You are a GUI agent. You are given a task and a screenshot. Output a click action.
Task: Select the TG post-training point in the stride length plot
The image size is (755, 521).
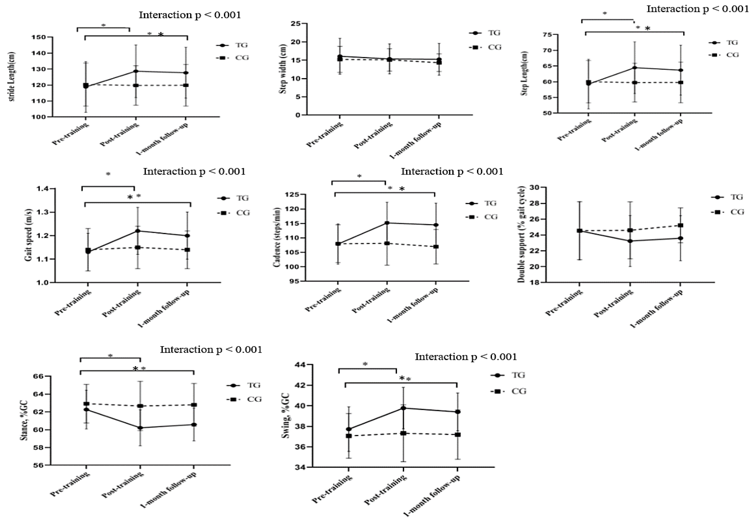coord(136,71)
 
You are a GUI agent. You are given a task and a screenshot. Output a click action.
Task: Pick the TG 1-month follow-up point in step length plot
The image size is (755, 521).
coord(681,70)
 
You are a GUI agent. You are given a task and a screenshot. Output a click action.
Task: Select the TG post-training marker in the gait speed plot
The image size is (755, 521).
coord(137,231)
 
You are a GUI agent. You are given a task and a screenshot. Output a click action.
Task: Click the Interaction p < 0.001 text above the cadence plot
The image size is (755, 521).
coord(452,171)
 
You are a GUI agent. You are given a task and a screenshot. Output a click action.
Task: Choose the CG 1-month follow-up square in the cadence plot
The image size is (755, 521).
coord(436,247)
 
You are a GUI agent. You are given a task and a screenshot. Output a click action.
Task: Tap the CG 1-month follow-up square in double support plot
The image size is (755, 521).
coord(681,225)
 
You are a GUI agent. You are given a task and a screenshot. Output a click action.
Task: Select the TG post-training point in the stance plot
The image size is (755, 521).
coord(140,428)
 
